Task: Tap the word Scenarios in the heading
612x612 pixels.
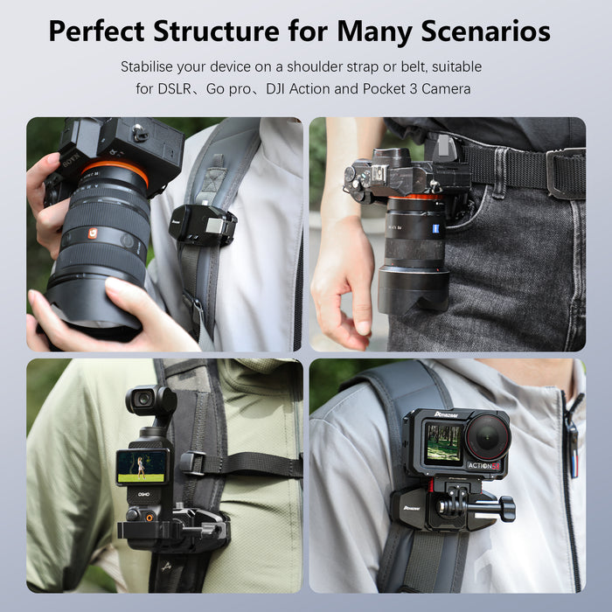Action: (472, 31)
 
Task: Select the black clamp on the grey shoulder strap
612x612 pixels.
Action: (202, 226)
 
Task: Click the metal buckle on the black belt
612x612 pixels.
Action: (565, 172)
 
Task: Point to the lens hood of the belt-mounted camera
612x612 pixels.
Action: (413, 293)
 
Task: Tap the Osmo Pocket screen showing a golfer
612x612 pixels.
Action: (143, 467)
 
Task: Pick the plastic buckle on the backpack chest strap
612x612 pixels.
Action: (194, 463)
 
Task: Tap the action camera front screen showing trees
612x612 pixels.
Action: (442, 444)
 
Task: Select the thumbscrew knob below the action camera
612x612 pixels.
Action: (505, 508)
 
